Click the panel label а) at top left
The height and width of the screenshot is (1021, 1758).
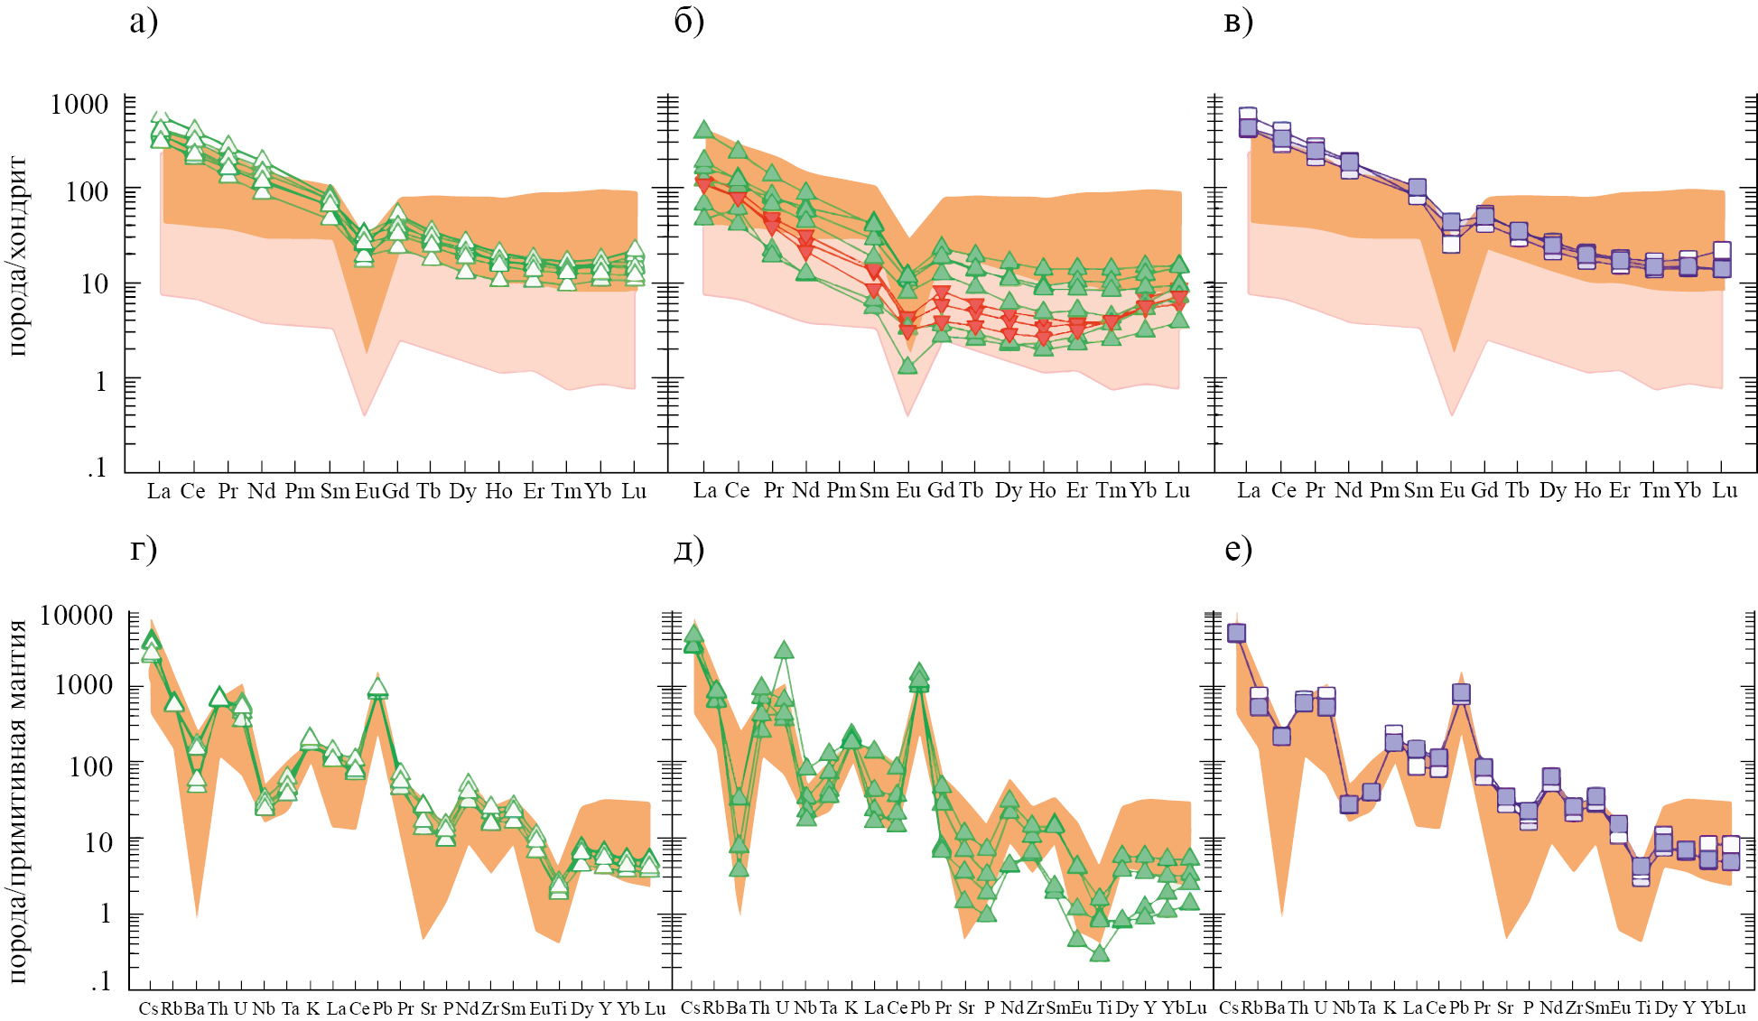point(144,22)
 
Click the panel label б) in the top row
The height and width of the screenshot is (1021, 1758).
point(689,22)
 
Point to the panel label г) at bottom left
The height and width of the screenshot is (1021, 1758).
point(144,548)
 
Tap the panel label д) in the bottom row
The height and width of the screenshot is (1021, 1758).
point(689,548)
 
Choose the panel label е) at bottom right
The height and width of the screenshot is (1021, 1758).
point(1239,548)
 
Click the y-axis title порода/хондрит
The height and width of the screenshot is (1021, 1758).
point(18,256)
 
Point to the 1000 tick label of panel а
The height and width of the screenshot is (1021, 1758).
point(79,104)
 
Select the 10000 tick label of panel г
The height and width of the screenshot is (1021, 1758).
point(77,616)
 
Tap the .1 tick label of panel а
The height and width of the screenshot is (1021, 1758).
point(98,467)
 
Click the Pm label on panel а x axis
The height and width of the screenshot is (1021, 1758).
point(300,491)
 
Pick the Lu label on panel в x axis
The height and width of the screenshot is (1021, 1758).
point(1725,490)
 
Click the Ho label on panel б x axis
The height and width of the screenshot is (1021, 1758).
point(1042,490)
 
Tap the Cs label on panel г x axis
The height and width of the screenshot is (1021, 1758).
point(148,1008)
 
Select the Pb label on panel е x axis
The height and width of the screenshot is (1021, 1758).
point(1459,1007)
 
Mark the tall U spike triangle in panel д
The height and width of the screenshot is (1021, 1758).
point(784,650)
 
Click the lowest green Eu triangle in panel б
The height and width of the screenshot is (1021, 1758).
point(907,366)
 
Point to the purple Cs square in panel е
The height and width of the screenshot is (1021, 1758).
point(1236,633)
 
